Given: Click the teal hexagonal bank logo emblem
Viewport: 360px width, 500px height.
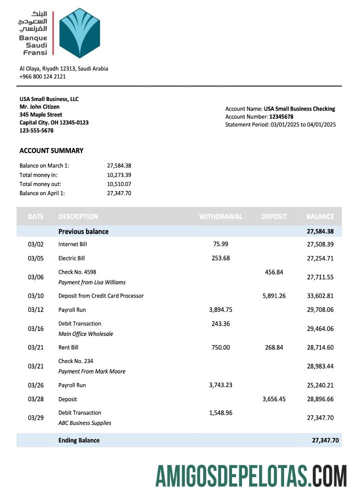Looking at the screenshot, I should [79, 33].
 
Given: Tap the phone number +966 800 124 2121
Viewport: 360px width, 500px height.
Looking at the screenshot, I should [42, 76].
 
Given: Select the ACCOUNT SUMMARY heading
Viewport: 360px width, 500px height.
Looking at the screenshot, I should [51, 150].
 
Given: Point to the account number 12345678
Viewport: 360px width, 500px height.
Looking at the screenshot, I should [281, 116].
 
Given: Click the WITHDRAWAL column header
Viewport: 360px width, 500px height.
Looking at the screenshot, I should [220, 216].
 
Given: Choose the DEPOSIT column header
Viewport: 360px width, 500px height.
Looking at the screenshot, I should [274, 216].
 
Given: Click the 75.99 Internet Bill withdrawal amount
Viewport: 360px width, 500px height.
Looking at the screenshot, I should [220, 244].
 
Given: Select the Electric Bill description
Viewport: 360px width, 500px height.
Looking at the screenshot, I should [71, 258].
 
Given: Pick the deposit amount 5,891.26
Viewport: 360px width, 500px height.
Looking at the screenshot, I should [274, 295].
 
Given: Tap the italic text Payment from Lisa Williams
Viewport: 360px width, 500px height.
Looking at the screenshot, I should [92, 282].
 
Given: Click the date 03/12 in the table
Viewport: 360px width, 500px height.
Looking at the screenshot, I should [36, 309].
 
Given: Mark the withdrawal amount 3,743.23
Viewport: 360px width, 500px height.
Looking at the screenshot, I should [220, 385].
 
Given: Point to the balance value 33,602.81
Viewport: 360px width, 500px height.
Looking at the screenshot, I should [320, 295].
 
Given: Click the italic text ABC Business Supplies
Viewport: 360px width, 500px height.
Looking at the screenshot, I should [84, 423].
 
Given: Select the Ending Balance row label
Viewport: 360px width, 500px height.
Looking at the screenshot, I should [79, 440].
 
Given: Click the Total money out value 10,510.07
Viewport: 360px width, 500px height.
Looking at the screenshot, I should [119, 184].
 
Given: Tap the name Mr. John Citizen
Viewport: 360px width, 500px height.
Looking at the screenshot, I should [39, 106].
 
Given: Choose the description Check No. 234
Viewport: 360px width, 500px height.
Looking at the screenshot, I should [75, 361].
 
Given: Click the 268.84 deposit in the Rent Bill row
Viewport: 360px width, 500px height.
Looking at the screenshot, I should [274, 347].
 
